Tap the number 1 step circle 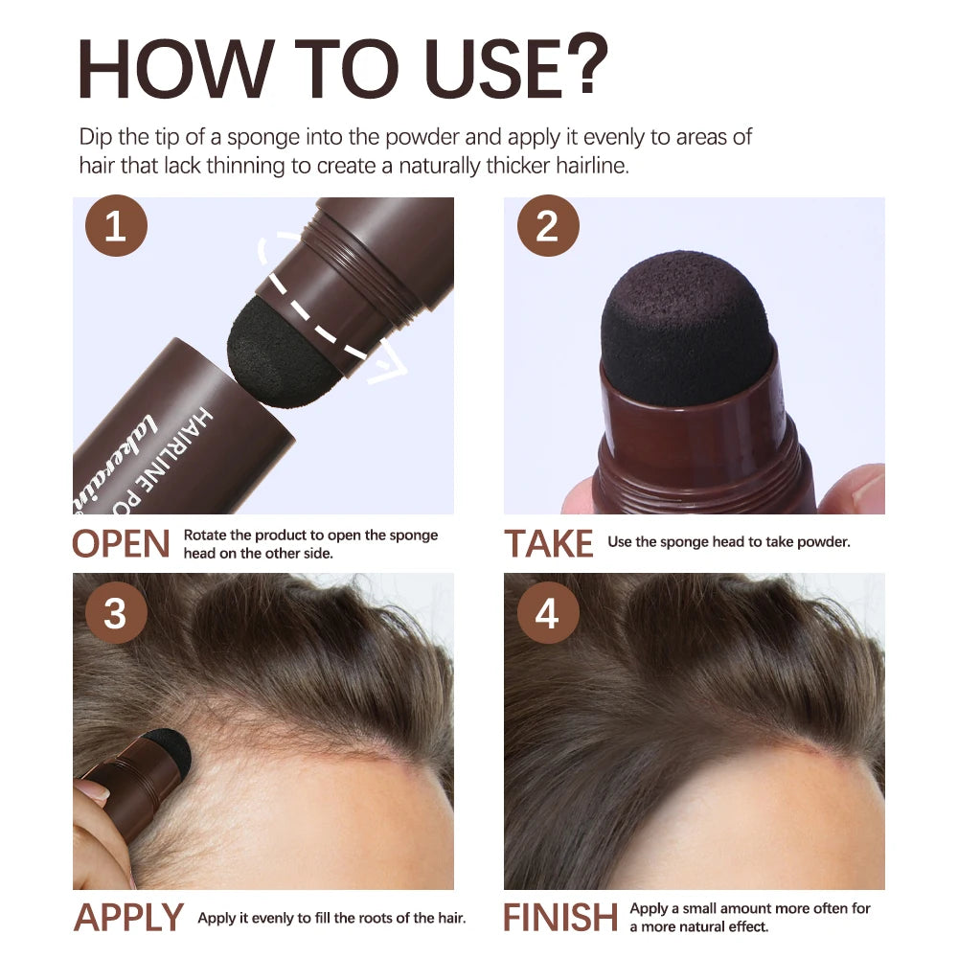pyautogui.click(x=115, y=228)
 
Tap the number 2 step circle pyautogui.click(x=547, y=228)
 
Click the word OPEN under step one pyautogui.click(x=122, y=544)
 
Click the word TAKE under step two pyautogui.click(x=549, y=544)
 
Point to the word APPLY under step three pyautogui.click(x=128, y=918)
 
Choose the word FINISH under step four pyautogui.click(x=560, y=918)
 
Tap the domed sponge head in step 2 pyautogui.click(x=686, y=326)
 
